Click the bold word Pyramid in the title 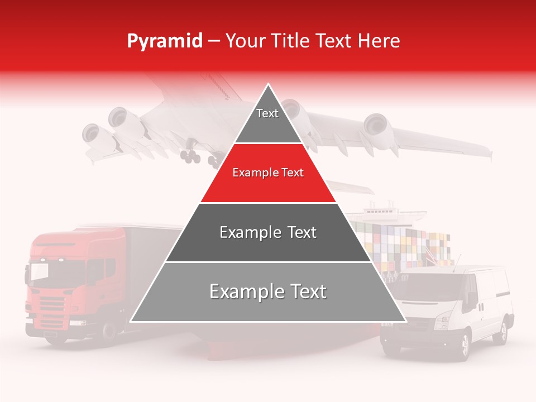164,41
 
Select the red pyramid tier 268,173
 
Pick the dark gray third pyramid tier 268,232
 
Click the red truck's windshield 48,271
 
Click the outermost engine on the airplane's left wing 90,134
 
